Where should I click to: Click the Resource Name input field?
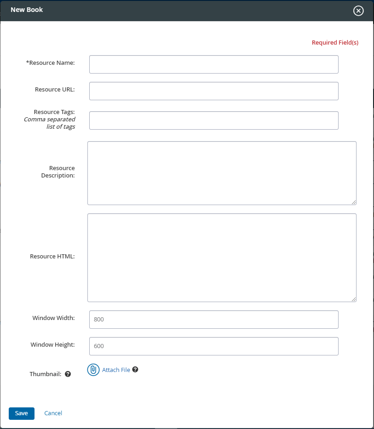(213, 64)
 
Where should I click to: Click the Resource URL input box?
(213, 91)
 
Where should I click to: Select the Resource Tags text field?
(213, 120)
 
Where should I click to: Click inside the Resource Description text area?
(222, 173)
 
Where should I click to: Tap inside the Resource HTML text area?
(222, 257)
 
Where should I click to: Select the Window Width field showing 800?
(213, 320)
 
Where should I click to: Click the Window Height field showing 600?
(213, 346)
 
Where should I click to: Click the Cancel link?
(53, 413)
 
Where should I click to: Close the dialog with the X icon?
(358, 11)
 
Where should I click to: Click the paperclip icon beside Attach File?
(93, 370)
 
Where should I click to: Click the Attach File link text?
(116, 370)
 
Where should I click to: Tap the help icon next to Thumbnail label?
(68, 374)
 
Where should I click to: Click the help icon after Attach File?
(135, 370)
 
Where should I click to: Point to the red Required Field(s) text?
(335, 43)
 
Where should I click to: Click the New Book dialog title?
(27, 10)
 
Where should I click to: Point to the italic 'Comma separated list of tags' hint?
(50, 123)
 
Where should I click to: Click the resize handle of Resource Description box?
(354, 202)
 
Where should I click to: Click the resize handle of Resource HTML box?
(354, 299)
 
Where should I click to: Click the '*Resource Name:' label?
(51, 63)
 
